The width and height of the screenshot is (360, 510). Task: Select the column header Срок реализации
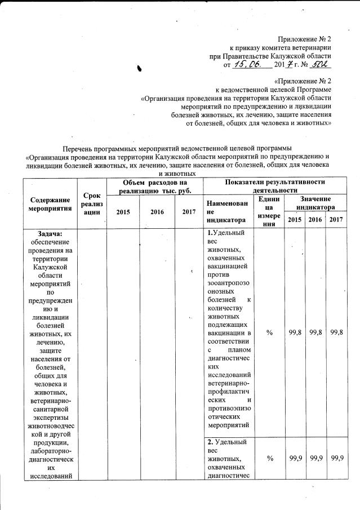pyautogui.click(x=91, y=203)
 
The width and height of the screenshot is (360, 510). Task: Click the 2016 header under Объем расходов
pyautogui.click(x=157, y=212)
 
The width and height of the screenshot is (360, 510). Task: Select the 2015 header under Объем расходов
pyautogui.click(x=123, y=212)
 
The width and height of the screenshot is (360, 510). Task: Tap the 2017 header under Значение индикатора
pyautogui.click(x=336, y=219)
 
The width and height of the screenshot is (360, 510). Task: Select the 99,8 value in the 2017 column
pyautogui.click(x=336, y=333)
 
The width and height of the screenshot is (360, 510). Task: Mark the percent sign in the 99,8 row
pyautogui.click(x=269, y=333)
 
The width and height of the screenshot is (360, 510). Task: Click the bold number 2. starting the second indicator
pyautogui.click(x=210, y=441)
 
